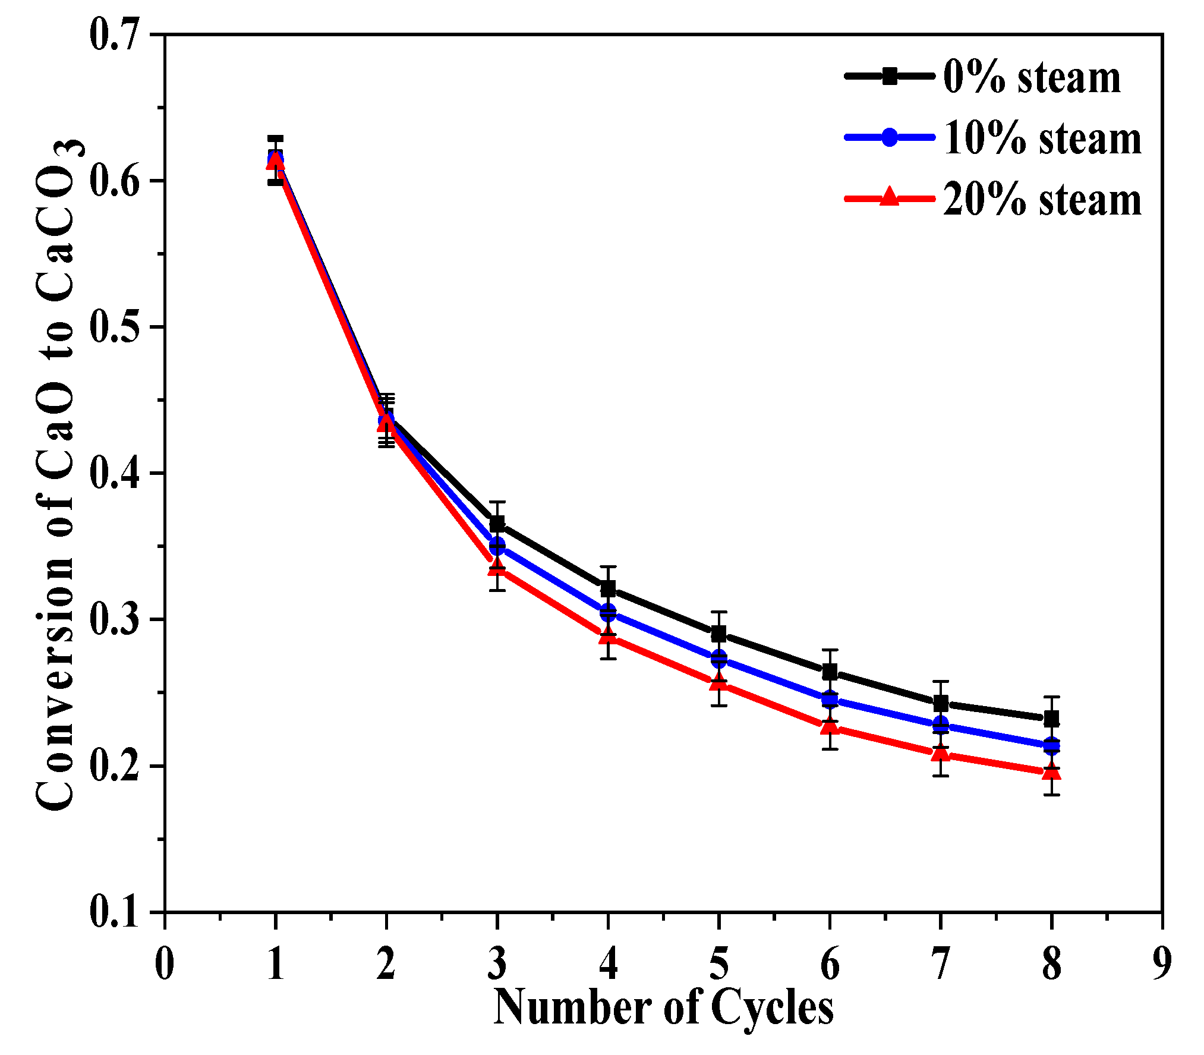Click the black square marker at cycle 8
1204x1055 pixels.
(1051, 719)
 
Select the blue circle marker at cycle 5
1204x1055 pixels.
(719, 658)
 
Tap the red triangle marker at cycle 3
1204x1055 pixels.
(497, 566)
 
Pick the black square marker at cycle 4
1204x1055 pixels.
(608, 589)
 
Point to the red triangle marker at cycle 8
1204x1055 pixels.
(1051, 771)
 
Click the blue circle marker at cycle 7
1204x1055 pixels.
(941, 725)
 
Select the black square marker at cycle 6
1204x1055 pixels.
(830, 672)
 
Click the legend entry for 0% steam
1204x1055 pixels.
(1032, 77)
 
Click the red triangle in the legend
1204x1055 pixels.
(889, 196)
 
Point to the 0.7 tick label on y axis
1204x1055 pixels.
(115, 34)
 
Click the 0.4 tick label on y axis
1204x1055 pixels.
(115, 473)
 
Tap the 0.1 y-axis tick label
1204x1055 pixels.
(115, 912)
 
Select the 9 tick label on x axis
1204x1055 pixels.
(1162, 964)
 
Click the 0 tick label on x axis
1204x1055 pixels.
(165, 964)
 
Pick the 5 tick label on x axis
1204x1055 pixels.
(719, 964)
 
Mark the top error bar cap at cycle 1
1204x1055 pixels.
(275, 138)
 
